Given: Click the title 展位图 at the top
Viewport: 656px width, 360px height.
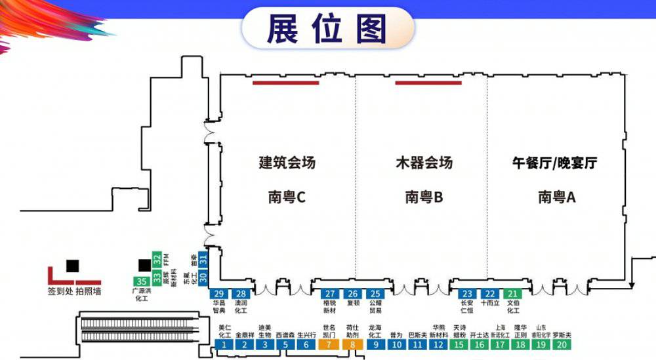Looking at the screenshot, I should (327, 28).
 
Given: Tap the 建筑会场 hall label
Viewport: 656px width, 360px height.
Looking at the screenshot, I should (287, 162).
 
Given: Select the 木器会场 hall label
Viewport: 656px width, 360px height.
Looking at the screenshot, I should (424, 162).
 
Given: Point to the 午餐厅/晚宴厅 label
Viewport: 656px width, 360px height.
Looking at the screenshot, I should (554, 163).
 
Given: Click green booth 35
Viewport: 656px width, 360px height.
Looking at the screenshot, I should (141, 281).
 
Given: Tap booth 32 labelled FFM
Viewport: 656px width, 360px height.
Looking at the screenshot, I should (157, 258).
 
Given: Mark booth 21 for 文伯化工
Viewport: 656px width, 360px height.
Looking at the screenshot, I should (512, 293).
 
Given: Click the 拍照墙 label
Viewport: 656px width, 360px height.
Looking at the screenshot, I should (88, 290).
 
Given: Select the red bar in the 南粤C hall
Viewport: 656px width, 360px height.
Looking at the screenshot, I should (285, 83).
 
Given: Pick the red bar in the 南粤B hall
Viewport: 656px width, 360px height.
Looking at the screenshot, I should (428, 83).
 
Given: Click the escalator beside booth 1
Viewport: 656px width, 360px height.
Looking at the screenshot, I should (141, 327).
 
